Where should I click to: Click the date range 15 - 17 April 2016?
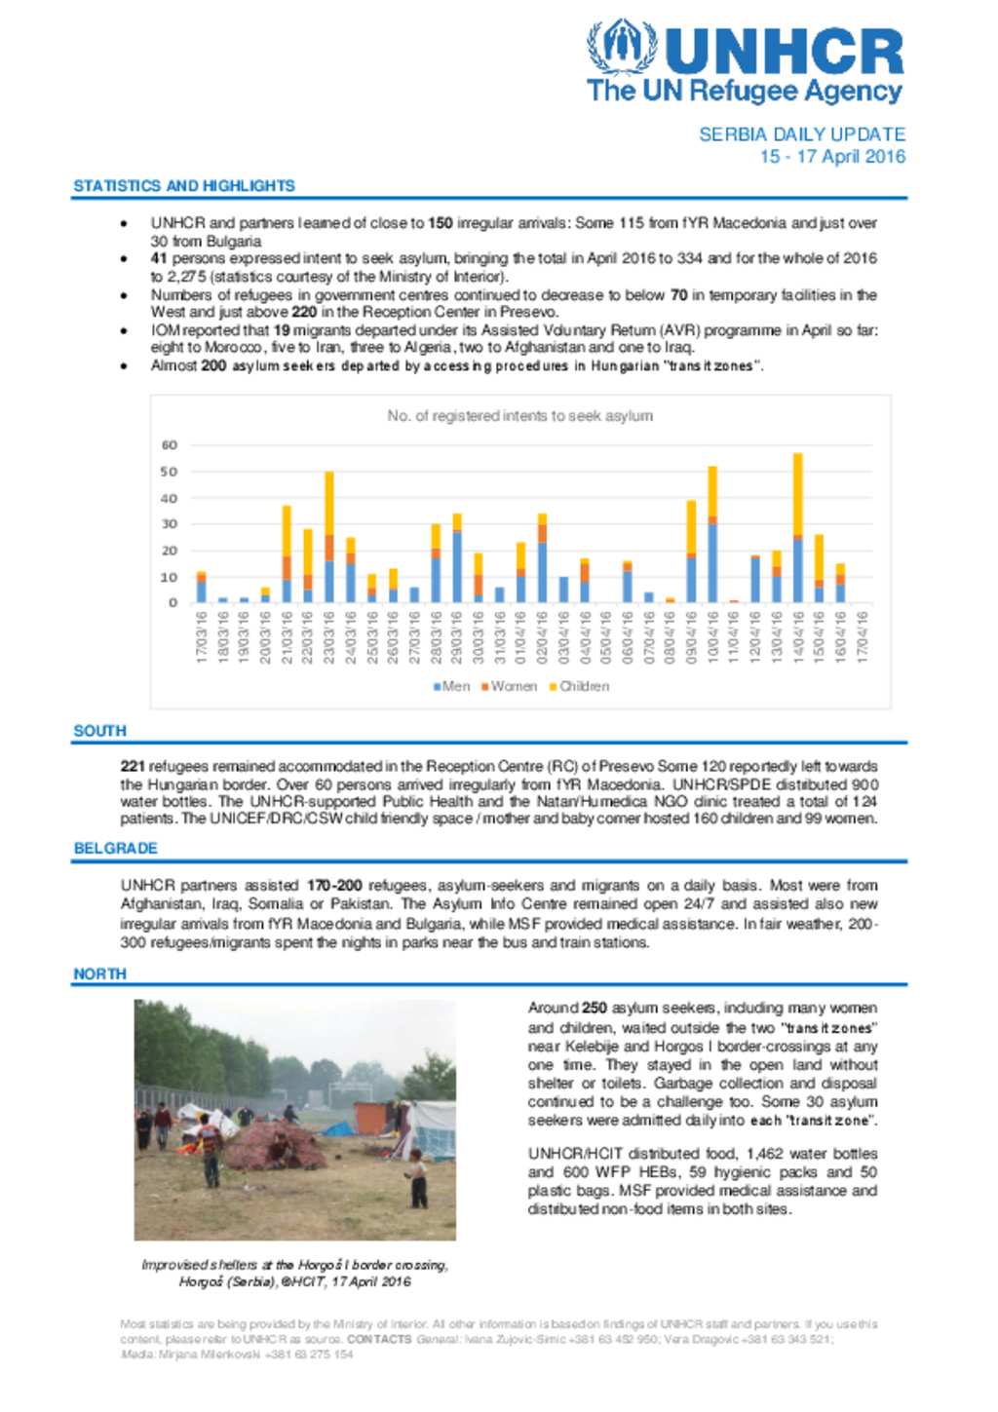point(832,157)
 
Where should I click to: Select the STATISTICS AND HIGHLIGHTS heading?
point(184,185)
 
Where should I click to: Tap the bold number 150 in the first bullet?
point(441,223)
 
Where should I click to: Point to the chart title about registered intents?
point(519,416)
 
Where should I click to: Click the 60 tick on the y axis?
point(170,445)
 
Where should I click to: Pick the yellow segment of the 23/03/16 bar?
point(329,503)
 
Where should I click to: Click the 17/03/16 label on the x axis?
point(202,637)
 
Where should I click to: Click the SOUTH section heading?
point(99,731)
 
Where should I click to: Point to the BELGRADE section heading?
point(115,849)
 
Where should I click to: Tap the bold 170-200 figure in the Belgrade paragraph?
point(334,886)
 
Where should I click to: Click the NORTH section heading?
point(99,974)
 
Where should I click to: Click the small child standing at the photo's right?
point(417,1178)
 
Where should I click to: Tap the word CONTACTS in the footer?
point(379,1340)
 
